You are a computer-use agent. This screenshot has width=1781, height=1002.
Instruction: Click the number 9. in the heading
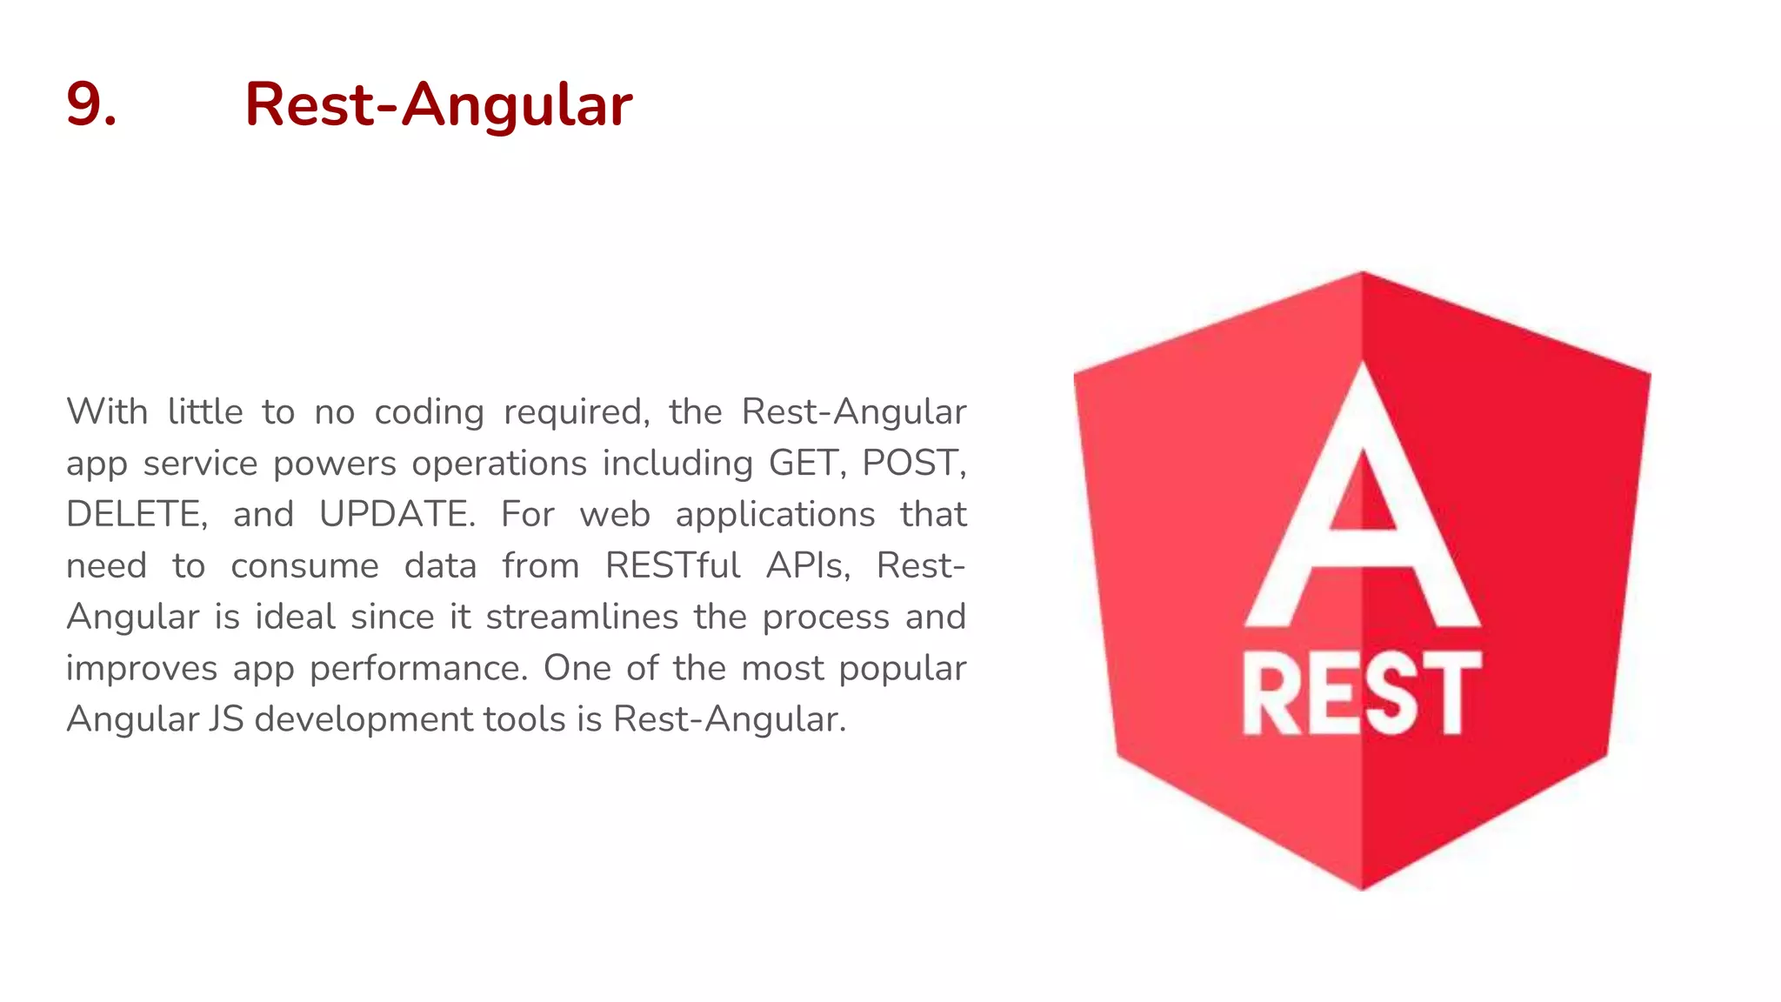(x=91, y=104)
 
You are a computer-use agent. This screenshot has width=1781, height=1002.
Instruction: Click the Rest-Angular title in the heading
(x=438, y=104)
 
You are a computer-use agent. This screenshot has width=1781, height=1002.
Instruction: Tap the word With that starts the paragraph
(x=107, y=411)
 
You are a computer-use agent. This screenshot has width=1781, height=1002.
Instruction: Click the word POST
(x=912, y=463)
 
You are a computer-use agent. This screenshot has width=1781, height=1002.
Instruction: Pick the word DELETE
(x=136, y=514)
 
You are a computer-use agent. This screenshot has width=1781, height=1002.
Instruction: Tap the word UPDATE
(x=396, y=514)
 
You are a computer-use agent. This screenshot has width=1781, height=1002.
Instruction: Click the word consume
(x=304, y=566)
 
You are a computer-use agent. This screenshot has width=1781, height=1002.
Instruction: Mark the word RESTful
(x=672, y=565)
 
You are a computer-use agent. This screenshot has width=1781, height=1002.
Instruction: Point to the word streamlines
(x=582, y=617)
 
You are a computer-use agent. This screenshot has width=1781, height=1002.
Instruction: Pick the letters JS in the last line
(x=225, y=719)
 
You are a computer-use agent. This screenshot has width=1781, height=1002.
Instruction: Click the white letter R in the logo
(x=1271, y=694)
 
